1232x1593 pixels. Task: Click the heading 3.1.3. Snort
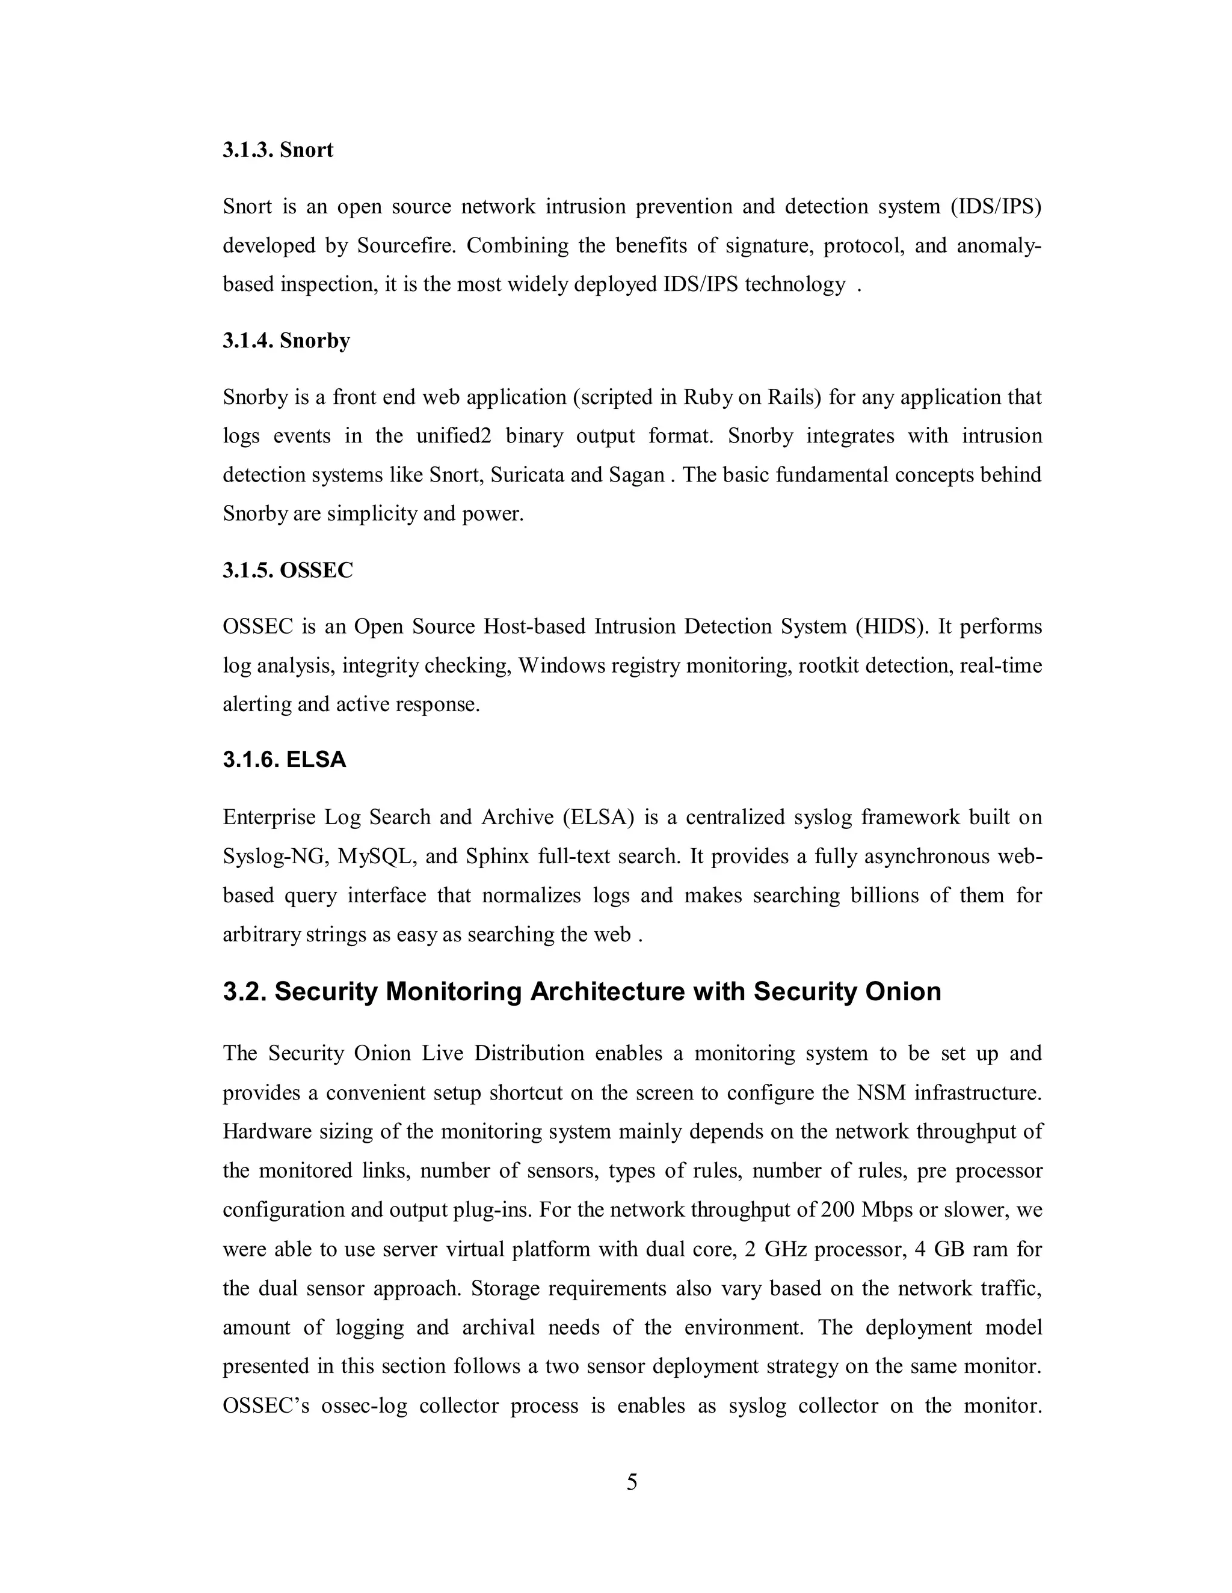click(x=277, y=150)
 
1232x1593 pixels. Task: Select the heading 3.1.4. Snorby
click(x=286, y=341)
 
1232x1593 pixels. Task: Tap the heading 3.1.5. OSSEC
click(x=288, y=570)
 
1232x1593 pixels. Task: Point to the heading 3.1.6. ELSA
click(x=284, y=760)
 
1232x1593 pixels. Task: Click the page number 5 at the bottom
click(x=632, y=1482)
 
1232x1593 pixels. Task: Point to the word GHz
click(x=784, y=1250)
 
